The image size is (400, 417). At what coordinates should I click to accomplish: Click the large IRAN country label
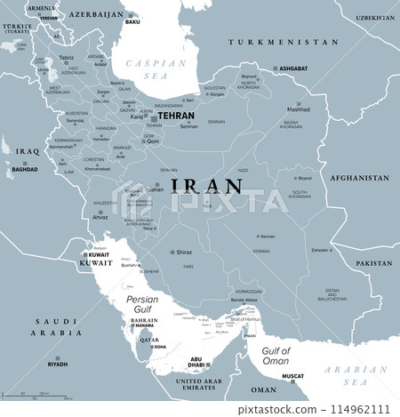click(207, 186)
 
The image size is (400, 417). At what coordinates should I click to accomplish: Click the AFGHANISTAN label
click(359, 178)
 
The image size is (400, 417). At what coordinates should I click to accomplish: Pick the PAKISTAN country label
click(373, 264)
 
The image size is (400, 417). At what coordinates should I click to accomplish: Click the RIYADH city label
click(58, 364)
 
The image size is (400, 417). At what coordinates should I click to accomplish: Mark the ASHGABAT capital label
click(292, 68)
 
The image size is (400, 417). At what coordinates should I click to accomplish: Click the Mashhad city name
click(298, 110)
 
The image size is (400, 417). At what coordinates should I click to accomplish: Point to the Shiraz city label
click(183, 252)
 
